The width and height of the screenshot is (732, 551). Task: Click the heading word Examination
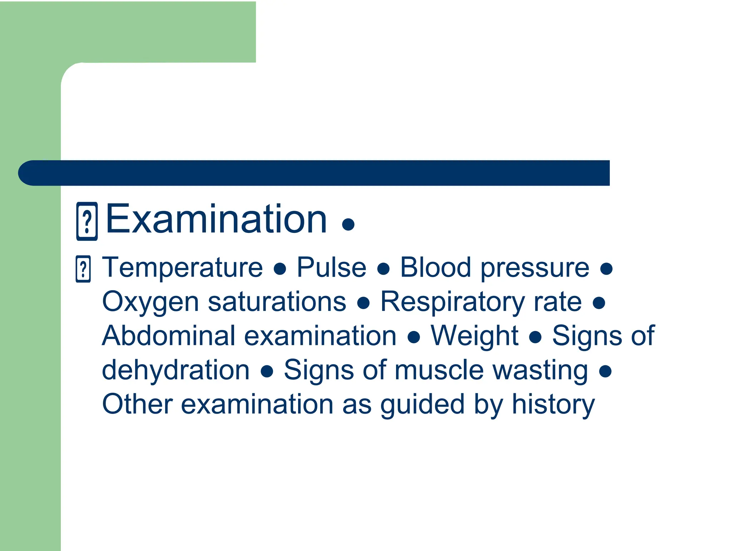(216, 219)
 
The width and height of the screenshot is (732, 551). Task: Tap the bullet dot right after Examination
(348, 224)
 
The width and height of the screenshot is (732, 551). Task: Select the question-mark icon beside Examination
(87, 221)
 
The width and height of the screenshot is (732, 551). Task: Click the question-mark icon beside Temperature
(83, 269)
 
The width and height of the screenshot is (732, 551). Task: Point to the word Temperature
(183, 268)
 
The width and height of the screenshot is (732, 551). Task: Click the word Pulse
(331, 268)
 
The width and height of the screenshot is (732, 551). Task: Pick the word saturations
(277, 302)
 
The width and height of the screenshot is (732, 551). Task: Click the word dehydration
(175, 370)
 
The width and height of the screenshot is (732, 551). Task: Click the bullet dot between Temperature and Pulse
(280, 269)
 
